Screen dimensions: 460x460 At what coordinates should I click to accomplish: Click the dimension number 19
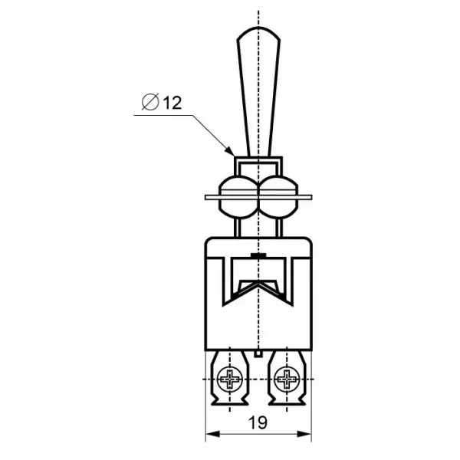click(258, 422)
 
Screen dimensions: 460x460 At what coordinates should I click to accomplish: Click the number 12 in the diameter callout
click(172, 103)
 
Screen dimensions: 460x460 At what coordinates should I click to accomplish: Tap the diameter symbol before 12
click(150, 102)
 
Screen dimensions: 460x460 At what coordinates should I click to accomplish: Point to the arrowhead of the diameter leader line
click(230, 151)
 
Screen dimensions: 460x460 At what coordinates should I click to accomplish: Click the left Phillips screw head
click(230, 379)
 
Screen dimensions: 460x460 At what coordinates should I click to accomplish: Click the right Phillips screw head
click(287, 379)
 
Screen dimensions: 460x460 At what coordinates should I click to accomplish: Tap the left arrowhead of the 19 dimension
click(212, 434)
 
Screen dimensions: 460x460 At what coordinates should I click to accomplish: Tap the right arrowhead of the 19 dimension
click(304, 434)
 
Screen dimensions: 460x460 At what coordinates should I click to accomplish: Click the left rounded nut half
click(238, 197)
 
